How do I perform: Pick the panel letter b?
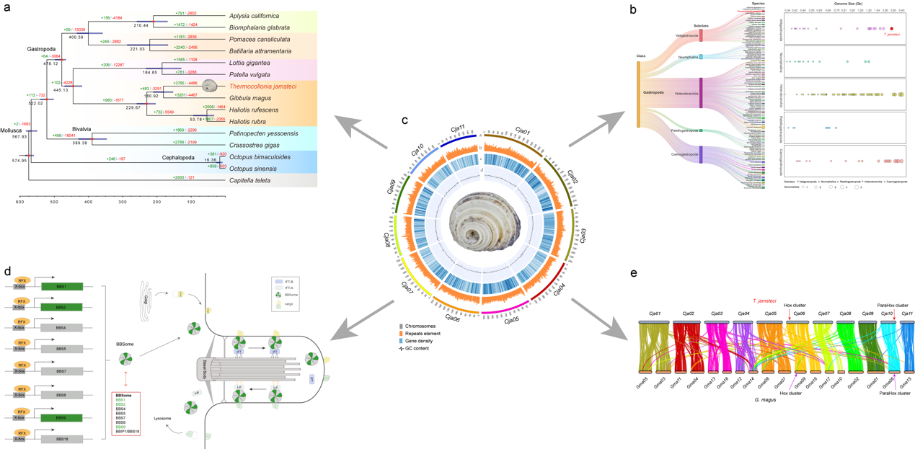[x=632, y=9]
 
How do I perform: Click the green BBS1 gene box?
[x=61, y=286]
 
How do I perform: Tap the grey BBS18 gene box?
[x=61, y=438]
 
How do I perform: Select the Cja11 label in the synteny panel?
[x=907, y=314]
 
